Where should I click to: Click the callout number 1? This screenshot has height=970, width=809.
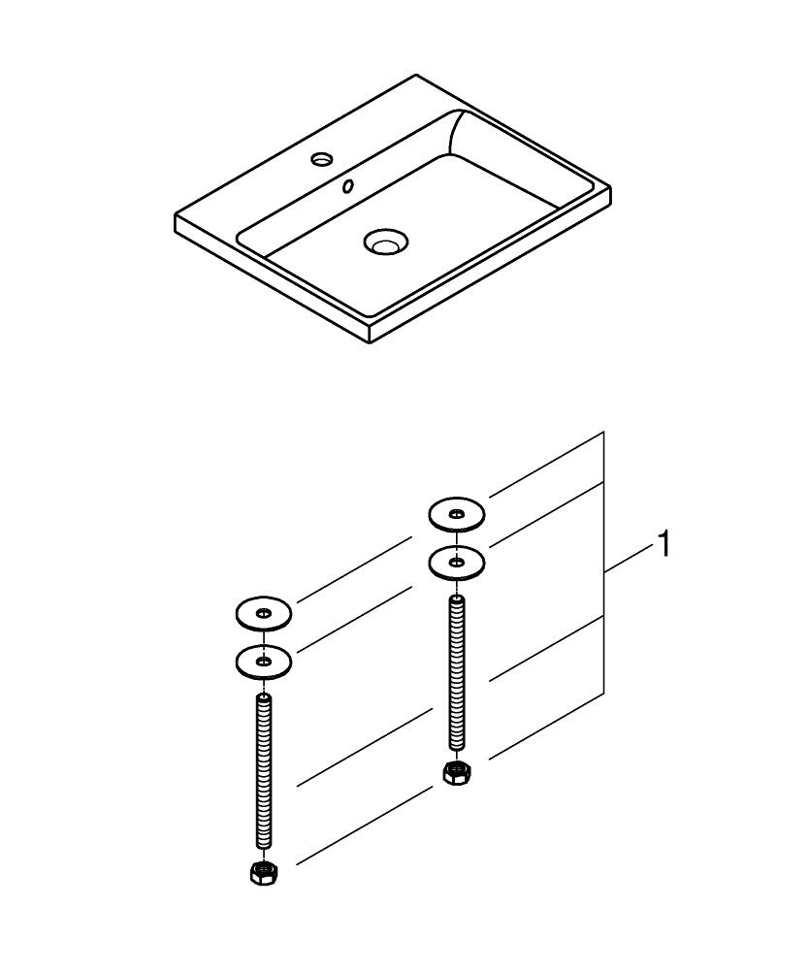tap(664, 545)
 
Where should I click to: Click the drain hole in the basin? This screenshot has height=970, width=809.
tap(386, 242)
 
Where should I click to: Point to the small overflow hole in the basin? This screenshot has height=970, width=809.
tap(347, 185)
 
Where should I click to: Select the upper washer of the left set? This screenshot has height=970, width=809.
tap(263, 613)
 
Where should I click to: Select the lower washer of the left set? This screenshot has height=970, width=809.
tap(263, 662)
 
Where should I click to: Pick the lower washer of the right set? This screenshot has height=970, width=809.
tap(457, 561)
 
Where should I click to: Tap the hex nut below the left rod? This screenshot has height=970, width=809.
tap(261, 872)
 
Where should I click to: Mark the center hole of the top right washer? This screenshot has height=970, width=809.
tap(457, 512)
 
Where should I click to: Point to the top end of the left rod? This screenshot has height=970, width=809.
tap(263, 696)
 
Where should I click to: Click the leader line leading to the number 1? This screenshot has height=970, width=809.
tap(631, 561)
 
